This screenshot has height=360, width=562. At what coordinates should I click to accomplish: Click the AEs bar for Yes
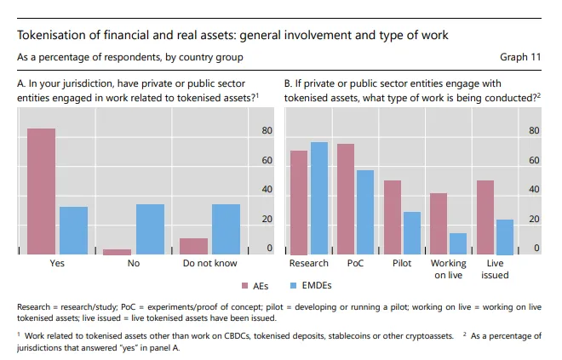41,191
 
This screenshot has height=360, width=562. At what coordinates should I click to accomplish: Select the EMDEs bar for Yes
73,231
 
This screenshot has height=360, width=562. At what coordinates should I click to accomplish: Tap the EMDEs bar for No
150,229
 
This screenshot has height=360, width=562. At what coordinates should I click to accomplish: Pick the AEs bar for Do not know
193,246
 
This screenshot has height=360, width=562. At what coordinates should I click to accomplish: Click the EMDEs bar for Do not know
226,229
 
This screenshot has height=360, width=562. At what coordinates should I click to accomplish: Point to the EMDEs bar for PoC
364,212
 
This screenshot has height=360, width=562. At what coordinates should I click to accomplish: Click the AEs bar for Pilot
392,217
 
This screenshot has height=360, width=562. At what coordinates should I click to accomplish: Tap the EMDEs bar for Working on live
458,243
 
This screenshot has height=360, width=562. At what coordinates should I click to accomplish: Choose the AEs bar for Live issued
485,217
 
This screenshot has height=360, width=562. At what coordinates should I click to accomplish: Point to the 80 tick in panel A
267,131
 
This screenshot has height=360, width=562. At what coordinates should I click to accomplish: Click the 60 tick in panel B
535,161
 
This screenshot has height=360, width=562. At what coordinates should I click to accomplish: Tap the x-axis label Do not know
209,264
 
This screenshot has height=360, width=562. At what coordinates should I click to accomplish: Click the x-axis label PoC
355,264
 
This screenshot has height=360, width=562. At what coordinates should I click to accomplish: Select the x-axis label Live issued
495,269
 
